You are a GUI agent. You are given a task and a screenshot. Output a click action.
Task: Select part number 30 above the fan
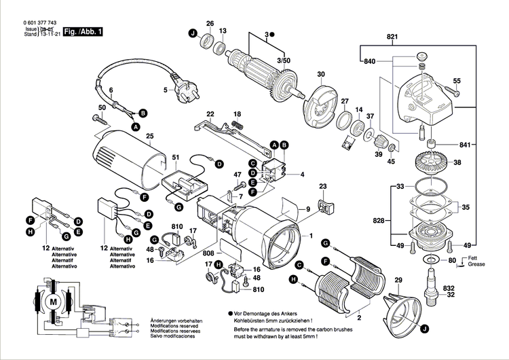(x=321, y=75)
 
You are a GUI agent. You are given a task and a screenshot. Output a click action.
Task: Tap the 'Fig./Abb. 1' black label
(x=82, y=31)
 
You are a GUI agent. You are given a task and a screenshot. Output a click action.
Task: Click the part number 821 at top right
(x=392, y=36)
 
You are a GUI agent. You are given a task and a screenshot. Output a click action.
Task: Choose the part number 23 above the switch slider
(x=323, y=187)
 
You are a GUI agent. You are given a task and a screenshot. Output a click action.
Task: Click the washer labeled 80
(x=430, y=261)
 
